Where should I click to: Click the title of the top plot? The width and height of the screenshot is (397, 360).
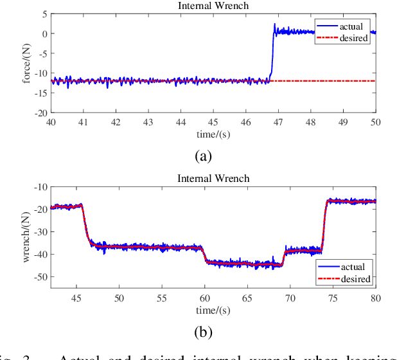click(x=213, y=6)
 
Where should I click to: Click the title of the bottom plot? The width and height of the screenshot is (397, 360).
click(x=213, y=179)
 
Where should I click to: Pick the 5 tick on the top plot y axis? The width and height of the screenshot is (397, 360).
click(x=44, y=14)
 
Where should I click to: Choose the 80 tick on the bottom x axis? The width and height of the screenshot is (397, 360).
click(x=376, y=298)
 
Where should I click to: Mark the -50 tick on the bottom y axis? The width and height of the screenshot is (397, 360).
click(x=40, y=277)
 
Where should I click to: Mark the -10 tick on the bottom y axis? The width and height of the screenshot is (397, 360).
click(x=40, y=187)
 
